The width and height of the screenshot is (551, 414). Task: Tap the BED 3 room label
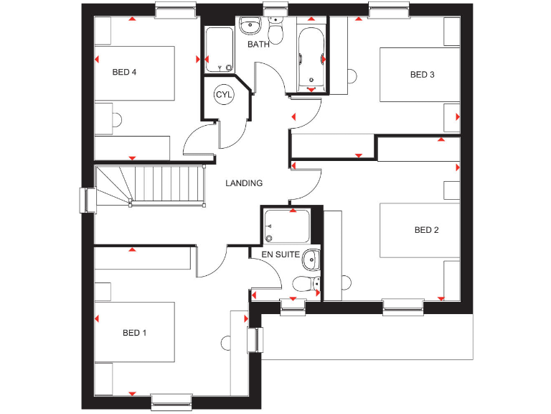coord(422,75)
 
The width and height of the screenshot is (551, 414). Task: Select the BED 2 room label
coord(426,230)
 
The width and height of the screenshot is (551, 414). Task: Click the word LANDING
coord(244,183)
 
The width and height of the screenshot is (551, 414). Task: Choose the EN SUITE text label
coord(280,254)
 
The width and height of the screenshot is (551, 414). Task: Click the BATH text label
coord(258,45)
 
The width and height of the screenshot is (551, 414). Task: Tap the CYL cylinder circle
coord(224,95)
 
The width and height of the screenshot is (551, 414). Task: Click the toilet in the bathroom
coord(275,32)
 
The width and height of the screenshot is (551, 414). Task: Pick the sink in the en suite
coord(311,259)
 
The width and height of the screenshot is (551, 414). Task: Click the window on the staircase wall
coord(88,200)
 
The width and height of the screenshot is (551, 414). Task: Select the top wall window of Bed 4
coord(175,10)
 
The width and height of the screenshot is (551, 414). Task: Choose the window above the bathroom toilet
coord(274,9)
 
